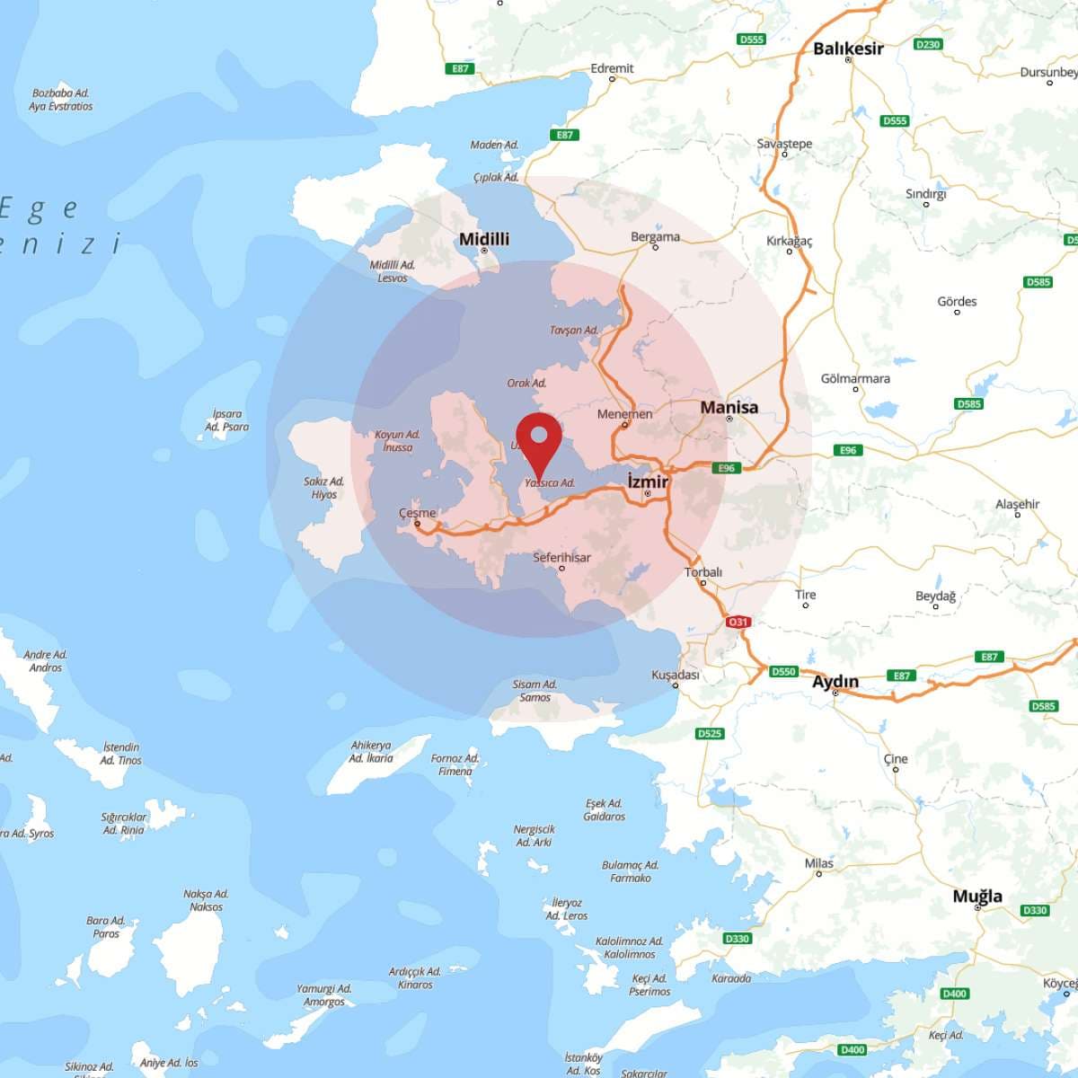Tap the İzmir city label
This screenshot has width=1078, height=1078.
(x=648, y=482)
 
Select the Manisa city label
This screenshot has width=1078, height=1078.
(x=729, y=407)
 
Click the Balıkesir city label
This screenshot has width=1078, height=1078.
(x=848, y=49)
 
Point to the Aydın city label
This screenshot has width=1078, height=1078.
(x=835, y=682)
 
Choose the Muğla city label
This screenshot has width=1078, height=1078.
(x=977, y=896)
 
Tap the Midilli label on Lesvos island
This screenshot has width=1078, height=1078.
(x=483, y=239)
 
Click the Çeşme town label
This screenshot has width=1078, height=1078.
(x=418, y=513)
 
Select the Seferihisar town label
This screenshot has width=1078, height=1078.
(x=561, y=558)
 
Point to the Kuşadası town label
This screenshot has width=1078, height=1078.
(x=675, y=675)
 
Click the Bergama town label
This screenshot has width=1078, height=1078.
(x=655, y=237)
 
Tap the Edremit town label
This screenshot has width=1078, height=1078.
(x=612, y=68)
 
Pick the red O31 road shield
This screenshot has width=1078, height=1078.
(x=738, y=622)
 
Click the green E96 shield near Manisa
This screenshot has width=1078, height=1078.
(x=726, y=468)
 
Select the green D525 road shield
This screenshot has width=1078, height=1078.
(x=710, y=733)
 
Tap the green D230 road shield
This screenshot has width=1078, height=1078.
(x=927, y=44)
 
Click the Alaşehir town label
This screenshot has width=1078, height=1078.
(x=1017, y=504)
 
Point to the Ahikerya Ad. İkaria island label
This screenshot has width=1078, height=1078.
(x=371, y=752)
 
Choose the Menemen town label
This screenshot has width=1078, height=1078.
(x=624, y=414)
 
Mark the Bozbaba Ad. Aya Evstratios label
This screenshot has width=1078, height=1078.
(x=60, y=100)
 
